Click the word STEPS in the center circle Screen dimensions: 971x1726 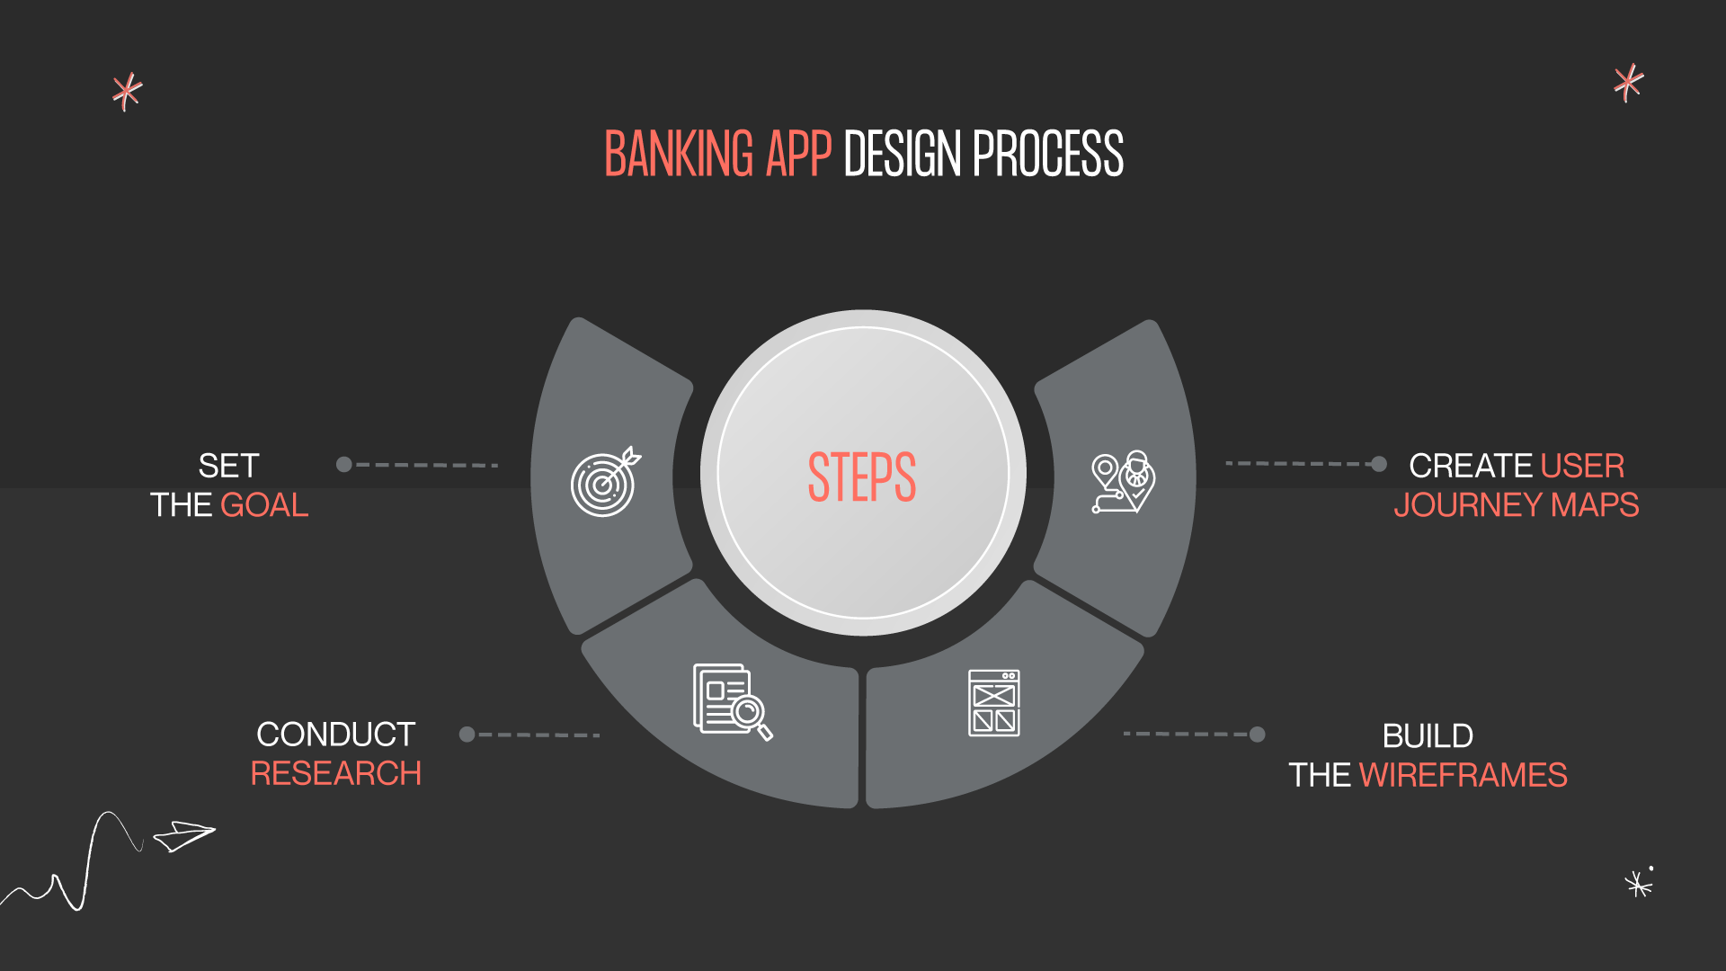pos(861,477)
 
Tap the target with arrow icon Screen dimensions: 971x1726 pos(605,482)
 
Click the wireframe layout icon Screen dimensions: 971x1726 pos(993,703)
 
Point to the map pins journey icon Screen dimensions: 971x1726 pos(1123,482)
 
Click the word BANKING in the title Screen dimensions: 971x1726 pos(679,154)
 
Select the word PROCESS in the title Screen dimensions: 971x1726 pos(1047,154)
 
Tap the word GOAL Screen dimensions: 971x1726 pos(264,505)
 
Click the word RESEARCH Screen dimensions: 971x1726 pos(335,773)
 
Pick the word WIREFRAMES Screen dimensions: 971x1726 pos(1463,775)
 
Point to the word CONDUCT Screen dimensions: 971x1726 pos(335,735)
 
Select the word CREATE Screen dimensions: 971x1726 pos(1471,466)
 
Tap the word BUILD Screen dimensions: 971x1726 pos(1428,736)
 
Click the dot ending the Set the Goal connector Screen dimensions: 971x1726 pos(343,465)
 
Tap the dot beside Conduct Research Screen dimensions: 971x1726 pos(467,735)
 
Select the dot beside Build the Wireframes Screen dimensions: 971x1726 pos(1257,735)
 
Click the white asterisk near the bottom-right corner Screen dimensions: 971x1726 pos(1638,885)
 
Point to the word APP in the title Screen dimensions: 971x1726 pos(798,154)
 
